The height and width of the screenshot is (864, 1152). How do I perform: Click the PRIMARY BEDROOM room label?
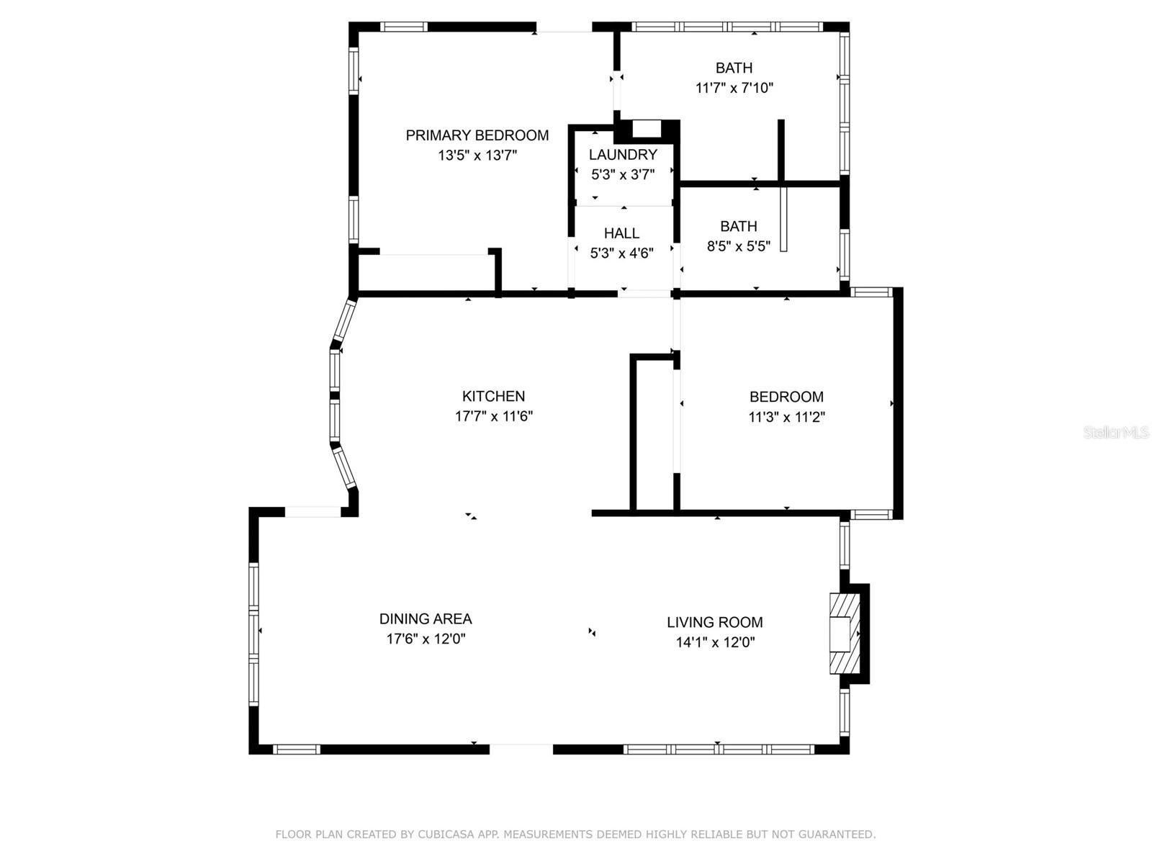coord(477,135)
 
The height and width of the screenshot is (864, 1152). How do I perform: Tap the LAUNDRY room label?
coord(623,154)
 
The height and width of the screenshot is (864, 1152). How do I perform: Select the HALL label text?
coord(622,233)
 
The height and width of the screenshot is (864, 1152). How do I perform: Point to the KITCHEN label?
coord(493,396)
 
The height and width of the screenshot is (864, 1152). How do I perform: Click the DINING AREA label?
coord(426,619)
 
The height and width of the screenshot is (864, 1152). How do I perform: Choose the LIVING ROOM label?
coord(715,622)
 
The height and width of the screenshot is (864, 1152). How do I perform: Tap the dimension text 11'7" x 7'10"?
coord(734,88)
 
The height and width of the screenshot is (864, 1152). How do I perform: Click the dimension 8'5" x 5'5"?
coord(739,246)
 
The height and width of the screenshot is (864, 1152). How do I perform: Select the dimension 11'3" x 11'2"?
coord(787,417)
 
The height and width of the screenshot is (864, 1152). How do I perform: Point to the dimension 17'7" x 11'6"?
coord(494,417)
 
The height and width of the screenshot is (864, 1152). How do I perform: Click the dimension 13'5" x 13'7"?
coord(477,156)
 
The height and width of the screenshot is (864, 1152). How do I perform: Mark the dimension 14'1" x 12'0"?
coord(716,642)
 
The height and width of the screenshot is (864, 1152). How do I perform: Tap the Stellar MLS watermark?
coord(1116,432)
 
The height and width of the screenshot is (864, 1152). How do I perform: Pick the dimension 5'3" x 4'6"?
coord(622,253)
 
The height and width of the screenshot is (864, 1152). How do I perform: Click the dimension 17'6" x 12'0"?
coord(426,639)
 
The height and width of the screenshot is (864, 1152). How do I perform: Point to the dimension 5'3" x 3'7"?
coord(623,174)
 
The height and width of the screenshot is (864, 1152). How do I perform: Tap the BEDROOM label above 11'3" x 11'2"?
coord(787,397)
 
